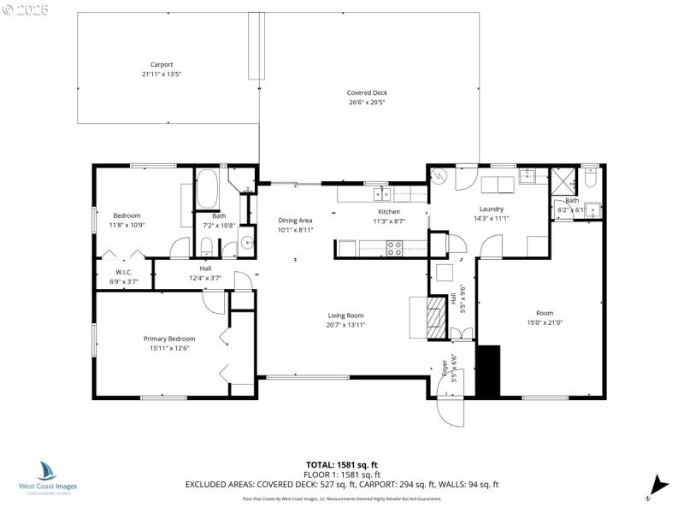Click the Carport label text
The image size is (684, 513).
click(x=162, y=64)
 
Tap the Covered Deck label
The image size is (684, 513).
click(x=366, y=92)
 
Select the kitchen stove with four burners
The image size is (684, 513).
click(x=395, y=249)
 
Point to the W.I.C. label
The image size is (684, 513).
click(x=122, y=272)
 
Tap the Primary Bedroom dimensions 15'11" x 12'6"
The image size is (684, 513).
click(x=168, y=348)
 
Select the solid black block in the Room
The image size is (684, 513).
click(x=487, y=370)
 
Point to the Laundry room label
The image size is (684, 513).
click(x=491, y=209)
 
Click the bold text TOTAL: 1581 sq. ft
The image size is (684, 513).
click(x=341, y=464)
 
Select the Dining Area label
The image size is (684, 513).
click(x=295, y=220)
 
